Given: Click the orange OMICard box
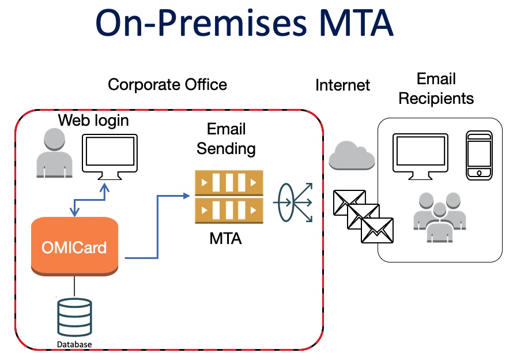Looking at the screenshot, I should click(74, 246).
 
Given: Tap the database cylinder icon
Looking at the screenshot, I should click(74, 318).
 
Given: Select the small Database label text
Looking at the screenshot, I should click(74, 344).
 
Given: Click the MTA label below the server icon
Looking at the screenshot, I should click(226, 238).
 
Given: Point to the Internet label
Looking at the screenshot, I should click(342, 86).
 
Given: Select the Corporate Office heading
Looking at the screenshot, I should click(167, 85).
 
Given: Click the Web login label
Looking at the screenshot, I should click(93, 121).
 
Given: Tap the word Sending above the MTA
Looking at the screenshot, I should click(226, 148).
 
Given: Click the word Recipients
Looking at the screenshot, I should click(436, 98).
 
